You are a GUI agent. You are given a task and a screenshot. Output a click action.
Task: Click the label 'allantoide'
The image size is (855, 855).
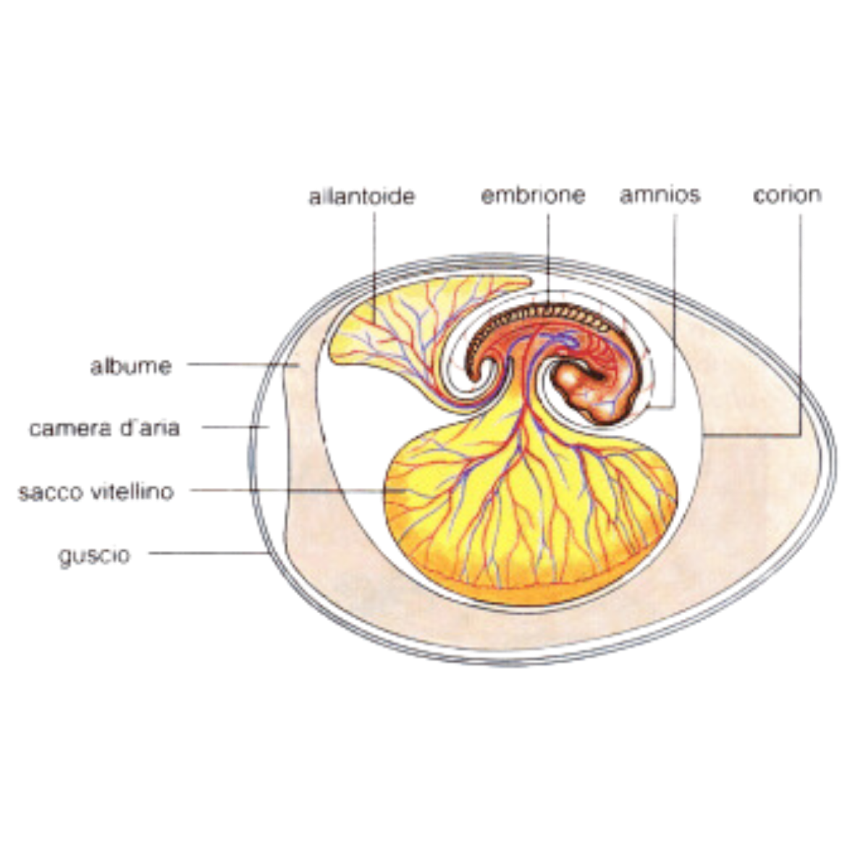(x=361, y=196)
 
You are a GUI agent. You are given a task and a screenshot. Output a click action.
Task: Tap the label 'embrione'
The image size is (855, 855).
(x=533, y=195)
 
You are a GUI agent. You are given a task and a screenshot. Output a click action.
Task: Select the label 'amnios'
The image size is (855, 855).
(x=660, y=195)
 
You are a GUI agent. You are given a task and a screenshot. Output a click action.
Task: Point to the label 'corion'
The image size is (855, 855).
(x=787, y=195)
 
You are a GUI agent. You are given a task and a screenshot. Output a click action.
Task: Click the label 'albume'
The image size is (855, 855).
(x=132, y=366)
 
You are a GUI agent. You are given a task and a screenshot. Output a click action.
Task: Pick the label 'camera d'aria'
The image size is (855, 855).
(x=104, y=428)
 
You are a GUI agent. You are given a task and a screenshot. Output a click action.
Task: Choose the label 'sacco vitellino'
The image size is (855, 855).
(x=96, y=492)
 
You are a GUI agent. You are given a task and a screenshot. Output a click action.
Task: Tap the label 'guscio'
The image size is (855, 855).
(x=95, y=556)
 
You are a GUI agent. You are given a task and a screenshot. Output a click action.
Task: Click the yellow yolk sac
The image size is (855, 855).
(x=528, y=521)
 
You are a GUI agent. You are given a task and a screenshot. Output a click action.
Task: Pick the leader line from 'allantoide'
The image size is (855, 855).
(x=375, y=261)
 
